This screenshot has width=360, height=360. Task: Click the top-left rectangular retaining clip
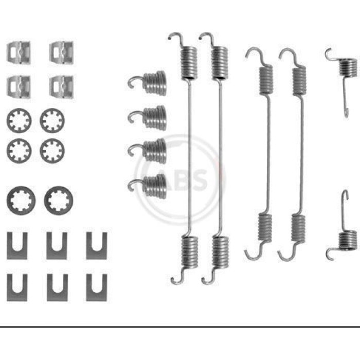19,52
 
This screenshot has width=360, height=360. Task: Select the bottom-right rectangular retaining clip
62,87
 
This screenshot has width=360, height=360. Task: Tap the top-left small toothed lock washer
19,120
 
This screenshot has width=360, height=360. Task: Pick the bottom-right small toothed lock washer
52,151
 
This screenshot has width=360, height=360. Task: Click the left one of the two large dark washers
21,201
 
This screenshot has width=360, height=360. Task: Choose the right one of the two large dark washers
59,201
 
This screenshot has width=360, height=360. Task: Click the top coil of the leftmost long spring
189,63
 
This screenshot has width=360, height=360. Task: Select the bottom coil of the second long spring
220,252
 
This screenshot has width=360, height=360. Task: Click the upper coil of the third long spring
266,80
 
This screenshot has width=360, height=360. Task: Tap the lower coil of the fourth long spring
298,228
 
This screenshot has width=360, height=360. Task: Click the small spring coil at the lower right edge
348,240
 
